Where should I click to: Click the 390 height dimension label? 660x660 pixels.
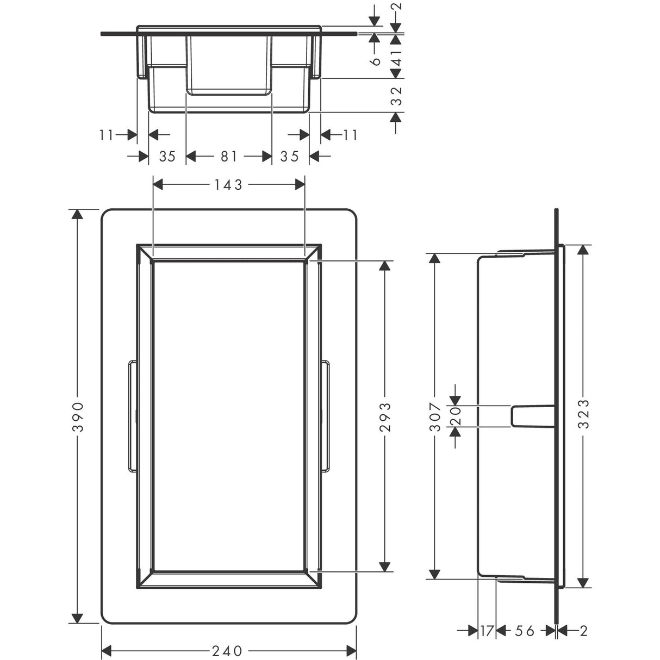[78, 417]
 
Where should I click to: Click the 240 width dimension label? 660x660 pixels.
[228, 650]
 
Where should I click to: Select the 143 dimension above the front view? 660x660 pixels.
[228, 185]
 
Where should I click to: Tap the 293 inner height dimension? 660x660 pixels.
[384, 417]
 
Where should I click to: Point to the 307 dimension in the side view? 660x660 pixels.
[434, 417]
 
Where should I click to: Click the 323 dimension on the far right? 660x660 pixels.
[583, 414]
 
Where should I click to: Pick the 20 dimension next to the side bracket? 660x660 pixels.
[456, 416]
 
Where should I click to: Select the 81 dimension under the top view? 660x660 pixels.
[228, 157]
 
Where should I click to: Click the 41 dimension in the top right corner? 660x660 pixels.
[397, 54]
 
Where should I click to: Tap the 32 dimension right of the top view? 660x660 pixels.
[397, 96]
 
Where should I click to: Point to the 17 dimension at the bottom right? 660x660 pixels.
[487, 631]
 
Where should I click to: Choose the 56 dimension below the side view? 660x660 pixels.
[525, 631]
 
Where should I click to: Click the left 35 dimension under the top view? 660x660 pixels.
[167, 157]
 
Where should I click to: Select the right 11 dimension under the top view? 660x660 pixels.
[350, 134]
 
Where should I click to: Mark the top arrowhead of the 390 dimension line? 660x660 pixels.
[78, 214]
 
